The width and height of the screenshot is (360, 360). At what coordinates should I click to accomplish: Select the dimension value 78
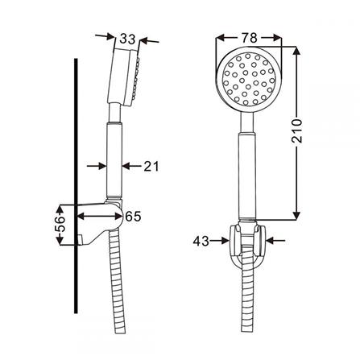click(249, 36)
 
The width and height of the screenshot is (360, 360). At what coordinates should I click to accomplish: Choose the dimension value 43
click(204, 239)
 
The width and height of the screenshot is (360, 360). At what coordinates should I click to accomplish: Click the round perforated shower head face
click(249, 81)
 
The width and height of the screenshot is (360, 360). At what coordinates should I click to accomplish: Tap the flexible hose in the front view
click(248, 310)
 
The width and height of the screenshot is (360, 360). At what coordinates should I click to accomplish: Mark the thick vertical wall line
click(77, 201)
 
